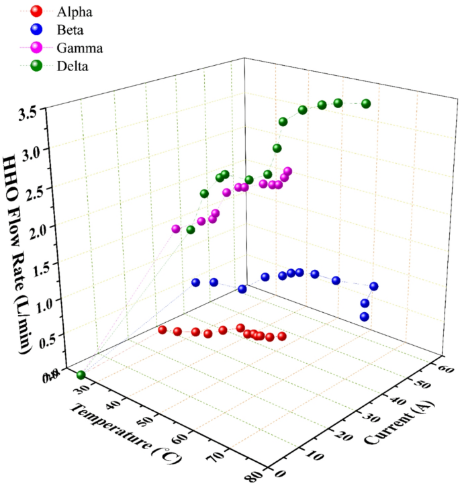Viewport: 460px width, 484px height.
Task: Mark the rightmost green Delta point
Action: click(x=366, y=103)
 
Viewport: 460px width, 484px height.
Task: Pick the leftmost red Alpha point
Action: click(x=163, y=330)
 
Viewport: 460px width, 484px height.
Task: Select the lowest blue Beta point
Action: click(x=365, y=317)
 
